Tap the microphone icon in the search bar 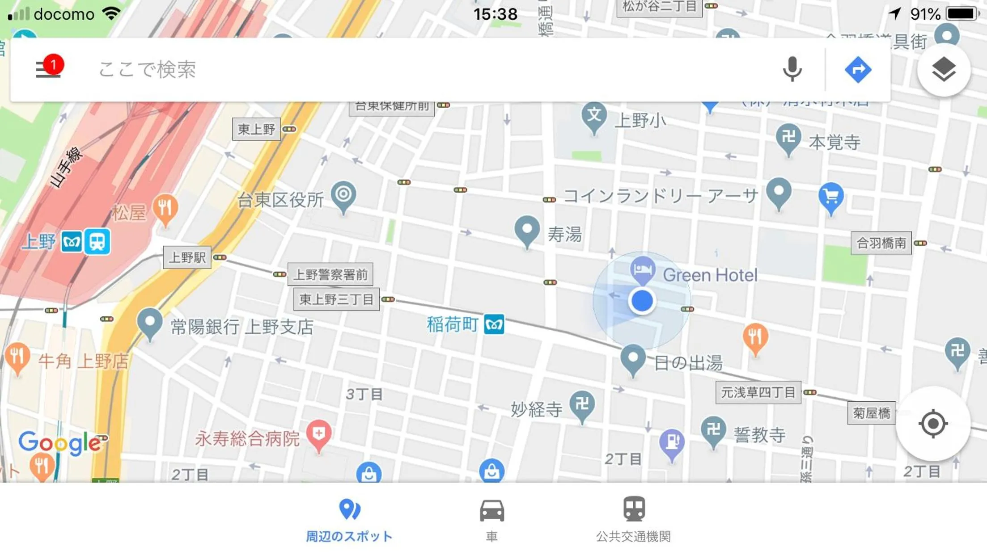tap(792, 69)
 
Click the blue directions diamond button tap(858, 70)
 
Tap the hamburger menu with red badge tap(48, 69)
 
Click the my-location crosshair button tap(933, 423)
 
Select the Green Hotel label tap(710, 275)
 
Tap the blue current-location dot tap(642, 300)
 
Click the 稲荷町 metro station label tap(453, 324)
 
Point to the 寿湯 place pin tap(527, 230)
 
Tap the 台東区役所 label tap(280, 200)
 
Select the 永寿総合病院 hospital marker tap(318, 434)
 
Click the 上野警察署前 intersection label tap(330, 274)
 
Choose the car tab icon tap(492, 511)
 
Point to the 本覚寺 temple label tap(835, 143)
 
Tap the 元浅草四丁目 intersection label tap(758, 392)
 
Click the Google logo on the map tap(59, 442)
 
